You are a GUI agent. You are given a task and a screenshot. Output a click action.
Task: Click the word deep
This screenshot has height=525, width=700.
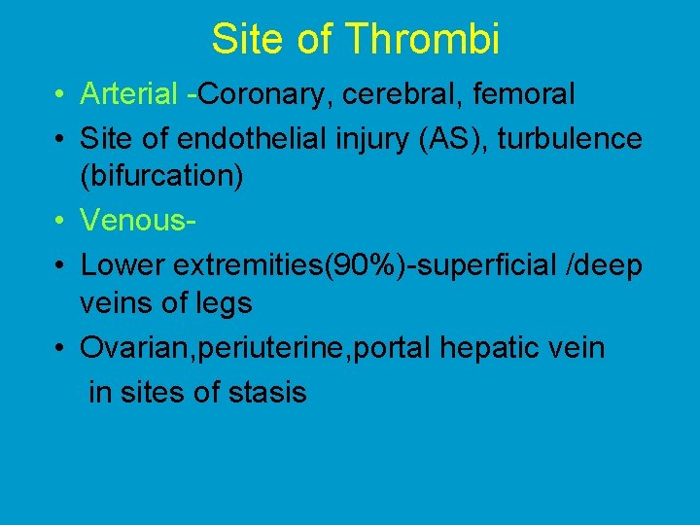610,265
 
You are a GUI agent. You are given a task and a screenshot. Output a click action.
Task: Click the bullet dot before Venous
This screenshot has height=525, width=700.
60,222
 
